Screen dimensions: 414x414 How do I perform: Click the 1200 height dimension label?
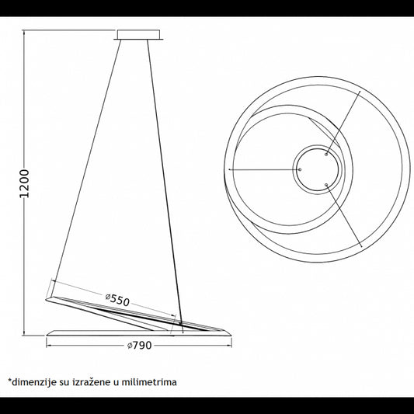[x=24, y=183]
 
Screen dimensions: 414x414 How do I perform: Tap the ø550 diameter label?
[x=117, y=300]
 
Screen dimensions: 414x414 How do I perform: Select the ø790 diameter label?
[x=139, y=346]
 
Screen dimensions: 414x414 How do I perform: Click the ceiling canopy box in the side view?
[x=138, y=35]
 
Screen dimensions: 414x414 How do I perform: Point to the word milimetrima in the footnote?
[x=149, y=382]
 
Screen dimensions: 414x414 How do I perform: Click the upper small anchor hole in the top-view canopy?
[x=326, y=155]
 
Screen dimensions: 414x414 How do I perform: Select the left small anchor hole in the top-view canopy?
[x=300, y=169]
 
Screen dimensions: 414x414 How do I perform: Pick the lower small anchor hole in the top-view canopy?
[x=326, y=185]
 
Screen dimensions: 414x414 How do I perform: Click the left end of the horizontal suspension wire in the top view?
[x=229, y=169]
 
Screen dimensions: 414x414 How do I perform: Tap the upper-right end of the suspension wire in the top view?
[x=360, y=92]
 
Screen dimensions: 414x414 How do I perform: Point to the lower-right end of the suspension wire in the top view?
[x=361, y=246]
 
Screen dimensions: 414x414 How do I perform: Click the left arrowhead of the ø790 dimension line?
[x=48, y=346]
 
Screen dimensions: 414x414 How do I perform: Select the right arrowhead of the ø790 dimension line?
[x=230, y=346]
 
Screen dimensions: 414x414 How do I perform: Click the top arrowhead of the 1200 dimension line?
[x=24, y=32]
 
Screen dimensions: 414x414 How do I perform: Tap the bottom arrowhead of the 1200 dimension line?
[x=24, y=334]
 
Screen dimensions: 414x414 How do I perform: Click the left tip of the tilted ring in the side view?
[x=46, y=300]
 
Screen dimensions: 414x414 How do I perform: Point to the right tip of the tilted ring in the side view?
[x=224, y=330]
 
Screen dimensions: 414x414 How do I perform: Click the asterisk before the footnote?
[x=10, y=381]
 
